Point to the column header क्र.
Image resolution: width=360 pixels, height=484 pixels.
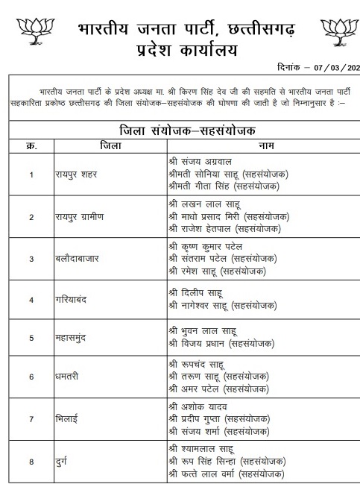(31, 145)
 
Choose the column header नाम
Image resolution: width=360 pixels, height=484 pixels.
(265, 145)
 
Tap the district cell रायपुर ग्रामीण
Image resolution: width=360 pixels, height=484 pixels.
(81, 217)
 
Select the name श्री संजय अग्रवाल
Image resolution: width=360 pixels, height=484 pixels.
(201, 160)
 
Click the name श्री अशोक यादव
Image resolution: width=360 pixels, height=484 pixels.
(197, 405)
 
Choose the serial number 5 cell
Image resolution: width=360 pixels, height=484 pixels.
(31, 338)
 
